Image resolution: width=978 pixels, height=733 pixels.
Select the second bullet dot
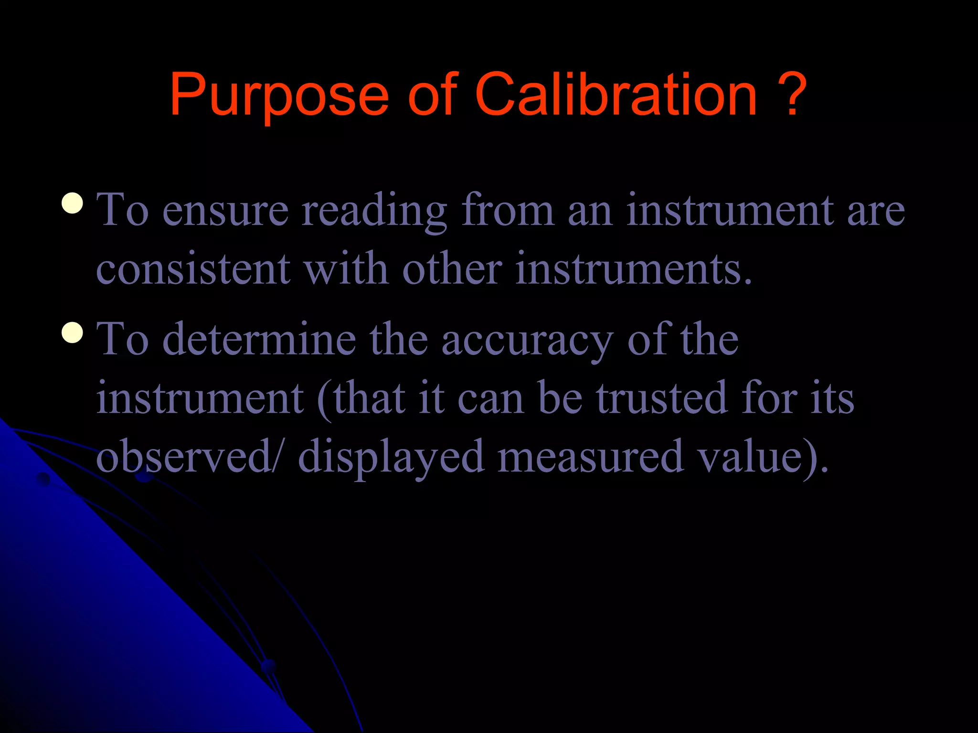point(73,332)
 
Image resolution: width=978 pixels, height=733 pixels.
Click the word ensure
point(225,210)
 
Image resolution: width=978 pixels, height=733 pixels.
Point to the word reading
point(374,210)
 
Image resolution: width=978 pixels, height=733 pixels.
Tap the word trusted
point(662,398)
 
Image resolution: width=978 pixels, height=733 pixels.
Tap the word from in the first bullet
point(508,210)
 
